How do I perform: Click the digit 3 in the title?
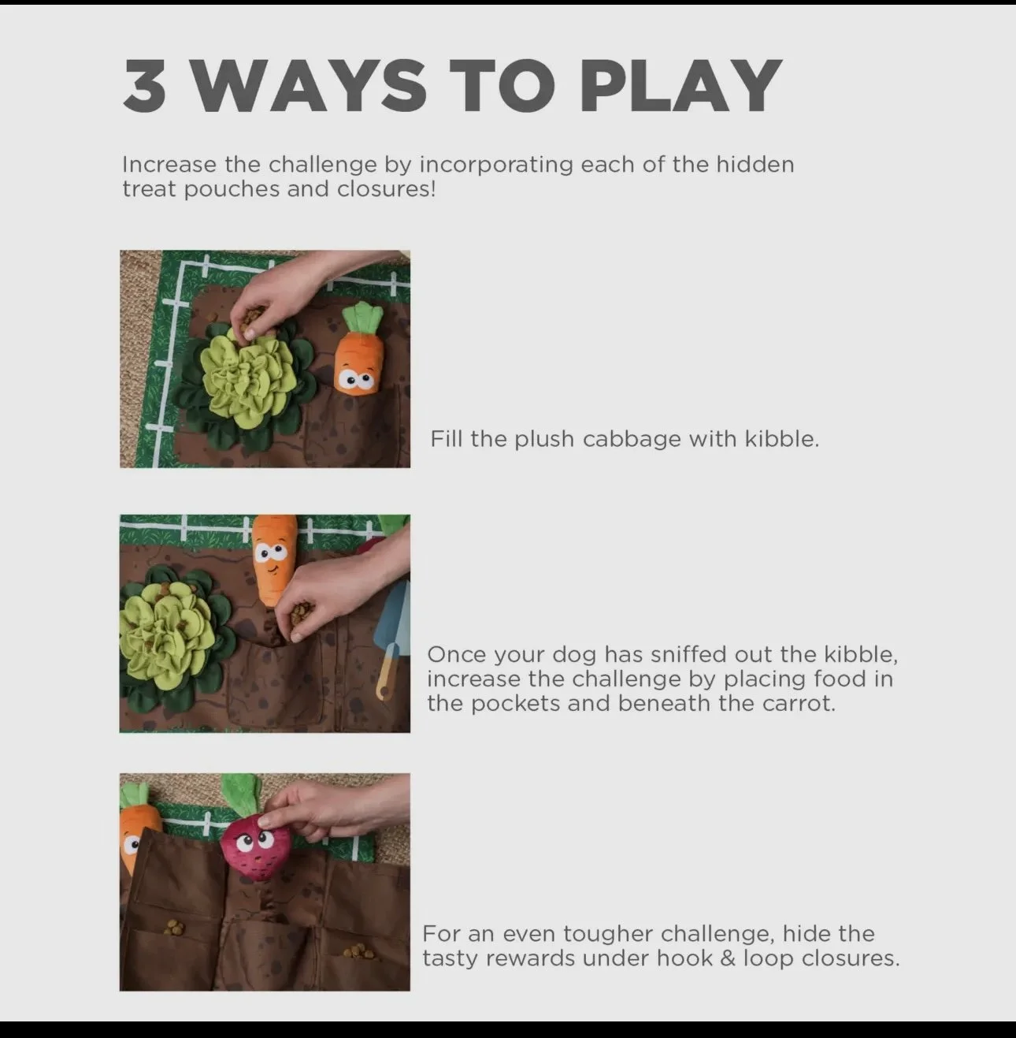(x=144, y=86)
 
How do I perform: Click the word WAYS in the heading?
(x=309, y=86)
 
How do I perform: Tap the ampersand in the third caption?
(x=727, y=958)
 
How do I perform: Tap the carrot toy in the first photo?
(x=359, y=349)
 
